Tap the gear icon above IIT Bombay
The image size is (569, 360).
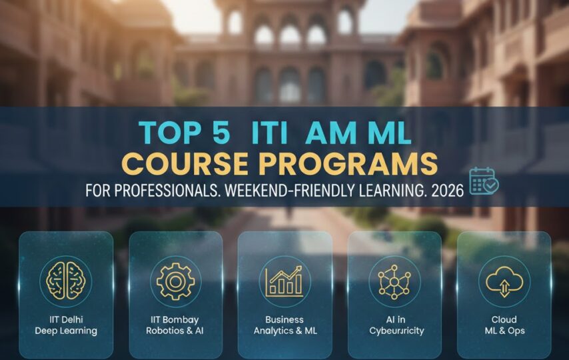point(175,280)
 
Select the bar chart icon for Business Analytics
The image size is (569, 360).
point(284,281)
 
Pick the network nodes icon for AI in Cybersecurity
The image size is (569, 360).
point(394,281)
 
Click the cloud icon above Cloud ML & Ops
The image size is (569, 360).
point(504,281)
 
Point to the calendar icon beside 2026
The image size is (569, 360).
point(483,181)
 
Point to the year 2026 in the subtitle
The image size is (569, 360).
point(448,190)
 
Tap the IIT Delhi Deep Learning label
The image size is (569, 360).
point(66,325)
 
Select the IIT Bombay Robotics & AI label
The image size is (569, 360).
point(175,325)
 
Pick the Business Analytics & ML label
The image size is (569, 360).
point(284,325)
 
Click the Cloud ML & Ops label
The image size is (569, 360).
point(504,325)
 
